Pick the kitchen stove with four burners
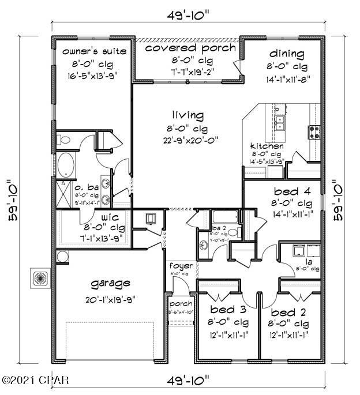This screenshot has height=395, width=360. coord(315,133)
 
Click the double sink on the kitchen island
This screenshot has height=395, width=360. coord(280,123)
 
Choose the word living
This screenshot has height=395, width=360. coord(186,114)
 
